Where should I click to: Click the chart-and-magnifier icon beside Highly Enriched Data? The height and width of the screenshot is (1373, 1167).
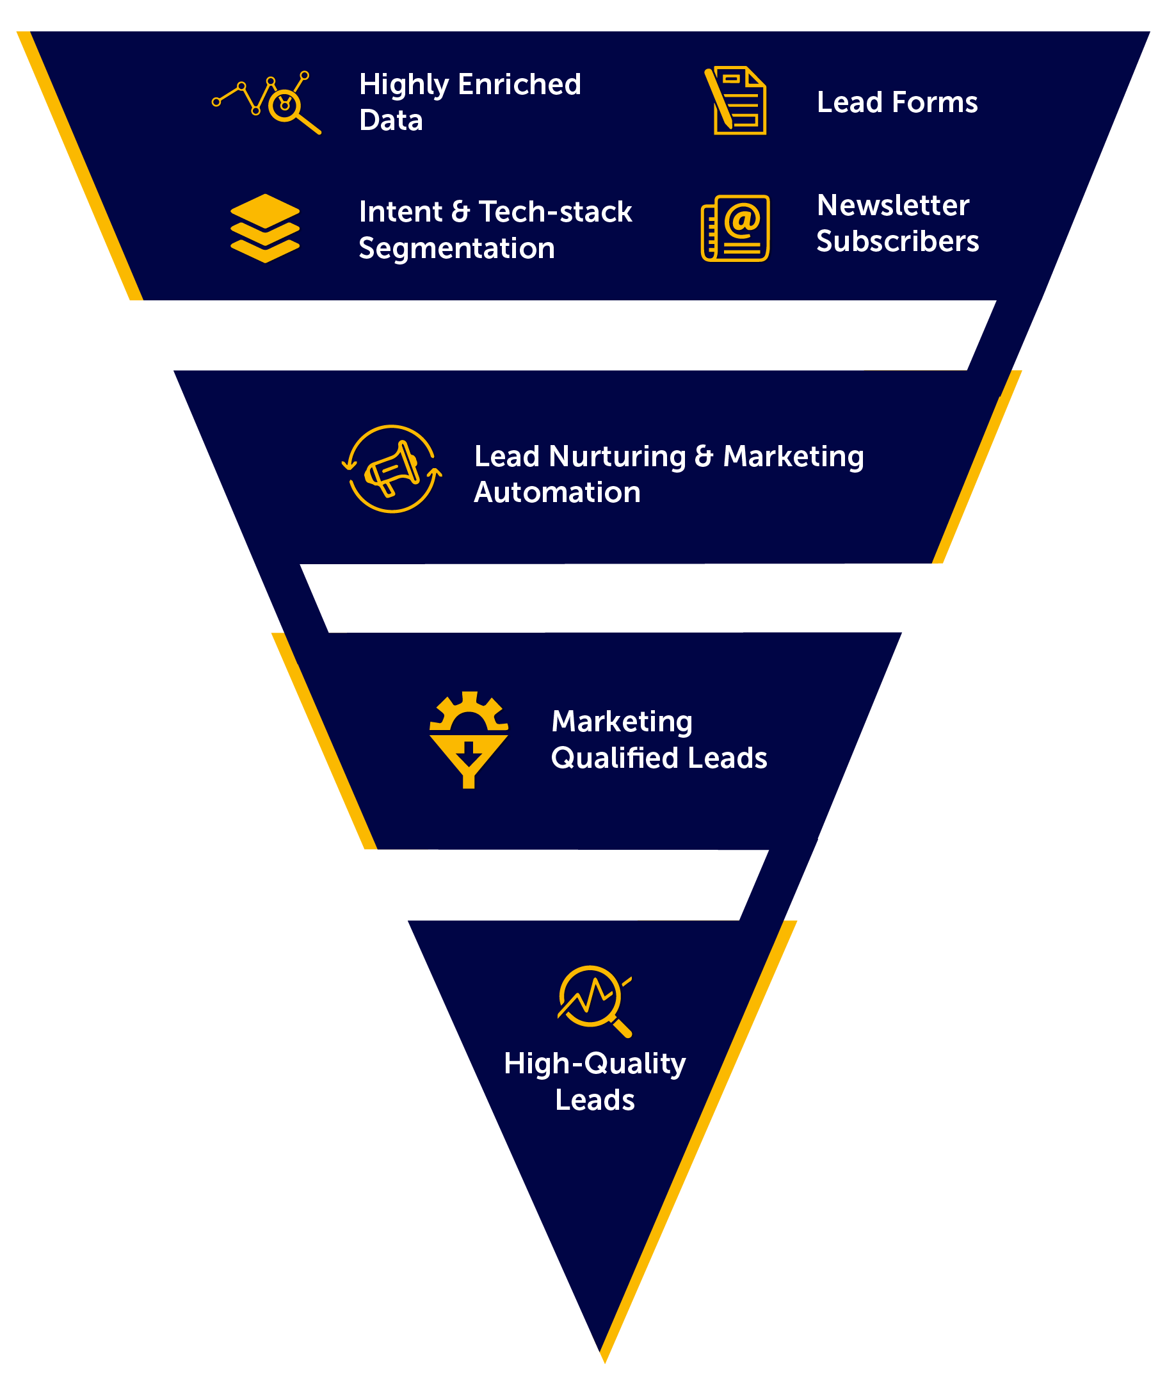point(266,102)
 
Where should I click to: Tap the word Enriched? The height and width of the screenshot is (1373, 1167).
point(519,85)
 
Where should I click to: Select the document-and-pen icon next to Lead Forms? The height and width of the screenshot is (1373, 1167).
point(736,101)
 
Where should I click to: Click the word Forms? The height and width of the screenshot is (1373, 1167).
point(934,102)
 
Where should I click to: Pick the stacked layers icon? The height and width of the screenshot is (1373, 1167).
point(264,228)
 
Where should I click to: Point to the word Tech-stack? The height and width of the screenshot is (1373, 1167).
point(555,212)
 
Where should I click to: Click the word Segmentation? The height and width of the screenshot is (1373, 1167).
point(456,248)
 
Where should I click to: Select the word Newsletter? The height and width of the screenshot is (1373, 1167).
point(892,205)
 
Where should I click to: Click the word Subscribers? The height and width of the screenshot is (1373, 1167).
point(897,241)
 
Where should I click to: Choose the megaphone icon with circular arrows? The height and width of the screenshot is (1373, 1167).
point(392,469)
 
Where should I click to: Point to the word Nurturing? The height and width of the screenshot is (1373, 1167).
point(617,457)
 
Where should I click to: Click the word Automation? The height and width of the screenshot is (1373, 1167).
point(557,493)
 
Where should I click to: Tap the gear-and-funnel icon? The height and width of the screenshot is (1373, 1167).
point(469,739)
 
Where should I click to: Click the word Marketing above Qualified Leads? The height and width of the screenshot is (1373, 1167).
point(622,722)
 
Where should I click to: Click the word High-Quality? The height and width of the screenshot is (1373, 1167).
point(594,1064)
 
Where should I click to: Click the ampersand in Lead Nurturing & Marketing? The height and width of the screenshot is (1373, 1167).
point(704,457)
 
